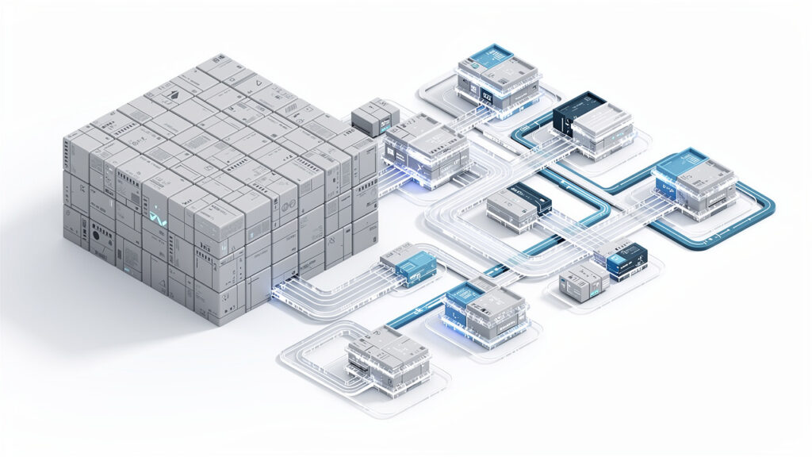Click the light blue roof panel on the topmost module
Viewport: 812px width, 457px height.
point(492,56)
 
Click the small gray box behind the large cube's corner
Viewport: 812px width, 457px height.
point(373,117)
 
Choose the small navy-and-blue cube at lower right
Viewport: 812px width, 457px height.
point(622,259)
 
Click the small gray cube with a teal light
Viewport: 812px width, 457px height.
point(580,283)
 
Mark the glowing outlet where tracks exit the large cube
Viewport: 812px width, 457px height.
point(281,293)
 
